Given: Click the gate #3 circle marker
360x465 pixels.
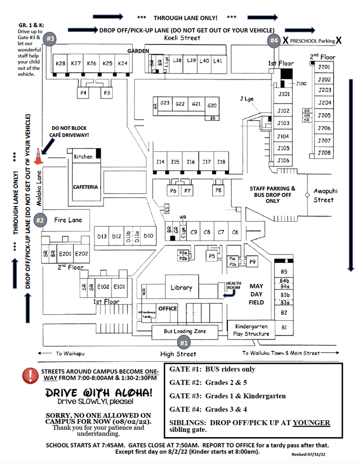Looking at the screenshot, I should [51, 39].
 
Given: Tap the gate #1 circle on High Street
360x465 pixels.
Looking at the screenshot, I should [183, 342].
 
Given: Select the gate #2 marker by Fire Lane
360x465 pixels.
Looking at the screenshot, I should [40, 220].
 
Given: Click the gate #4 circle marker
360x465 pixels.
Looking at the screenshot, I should [274, 40].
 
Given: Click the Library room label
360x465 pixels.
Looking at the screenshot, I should [181, 288].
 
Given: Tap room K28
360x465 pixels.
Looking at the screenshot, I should [60, 64].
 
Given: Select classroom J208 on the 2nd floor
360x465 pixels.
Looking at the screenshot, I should [324, 153].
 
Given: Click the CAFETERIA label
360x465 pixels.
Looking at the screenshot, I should [85, 187].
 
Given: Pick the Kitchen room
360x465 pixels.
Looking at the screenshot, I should [83, 157].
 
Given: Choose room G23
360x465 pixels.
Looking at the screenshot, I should [165, 104].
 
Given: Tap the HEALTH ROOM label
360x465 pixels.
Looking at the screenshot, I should [234, 286].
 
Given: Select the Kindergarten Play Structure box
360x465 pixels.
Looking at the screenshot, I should [252, 330].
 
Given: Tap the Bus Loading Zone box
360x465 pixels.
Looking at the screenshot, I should [185, 331].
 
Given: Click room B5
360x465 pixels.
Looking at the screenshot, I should [284, 272].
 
